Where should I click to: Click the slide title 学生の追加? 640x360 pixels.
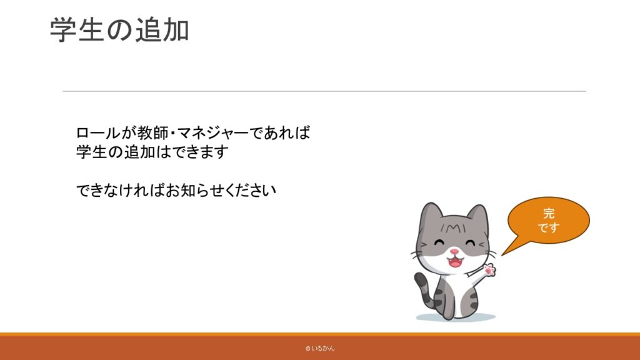pos(119,30)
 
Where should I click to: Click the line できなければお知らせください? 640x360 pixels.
pos(176,190)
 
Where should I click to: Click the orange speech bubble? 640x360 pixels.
pos(548,221)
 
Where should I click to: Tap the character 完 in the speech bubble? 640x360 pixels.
pos(549,213)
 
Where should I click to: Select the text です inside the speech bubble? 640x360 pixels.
pos(548,227)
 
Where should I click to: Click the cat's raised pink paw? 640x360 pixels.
pos(489,270)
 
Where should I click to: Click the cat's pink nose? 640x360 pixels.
pos(454,252)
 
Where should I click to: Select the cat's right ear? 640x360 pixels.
pos(478,216)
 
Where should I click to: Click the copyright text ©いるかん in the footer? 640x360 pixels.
pos(320,349)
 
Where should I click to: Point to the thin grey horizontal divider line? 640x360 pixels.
pos(324,91)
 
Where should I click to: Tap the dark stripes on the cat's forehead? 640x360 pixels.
pos(452,227)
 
